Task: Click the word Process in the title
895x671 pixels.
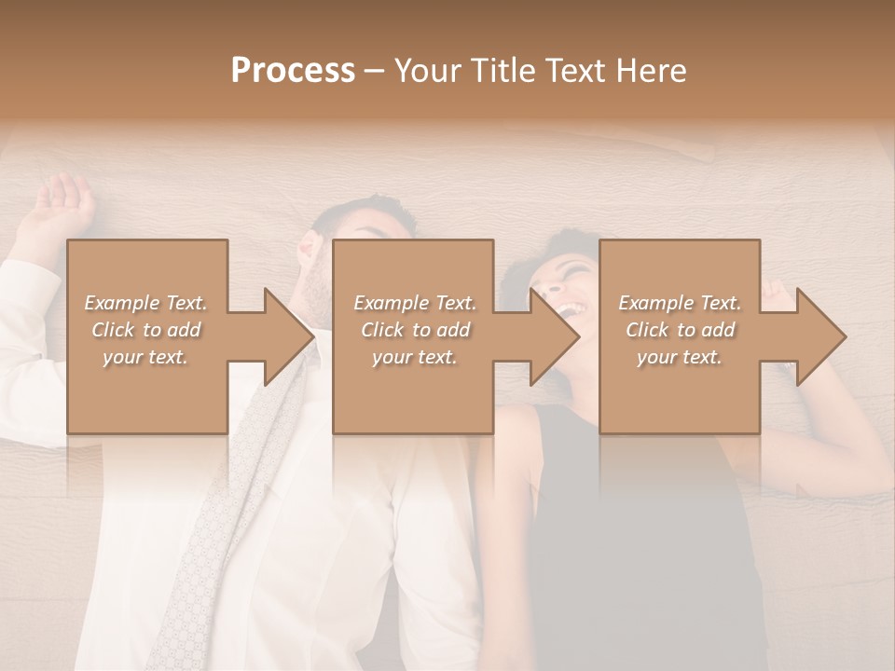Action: [293, 71]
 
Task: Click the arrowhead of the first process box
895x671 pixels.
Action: [288, 336]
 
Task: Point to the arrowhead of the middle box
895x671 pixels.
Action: [554, 336]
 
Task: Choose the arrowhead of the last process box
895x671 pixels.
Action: [820, 336]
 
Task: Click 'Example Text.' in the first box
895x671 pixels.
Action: [145, 303]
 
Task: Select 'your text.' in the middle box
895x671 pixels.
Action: [414, 357]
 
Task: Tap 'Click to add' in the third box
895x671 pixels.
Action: [680, 330]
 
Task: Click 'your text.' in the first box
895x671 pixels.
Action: [145, 357]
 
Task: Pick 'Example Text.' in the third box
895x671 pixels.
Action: [680, 303]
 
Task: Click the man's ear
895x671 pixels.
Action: [308, 250]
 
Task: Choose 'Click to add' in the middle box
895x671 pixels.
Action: [414, 330]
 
